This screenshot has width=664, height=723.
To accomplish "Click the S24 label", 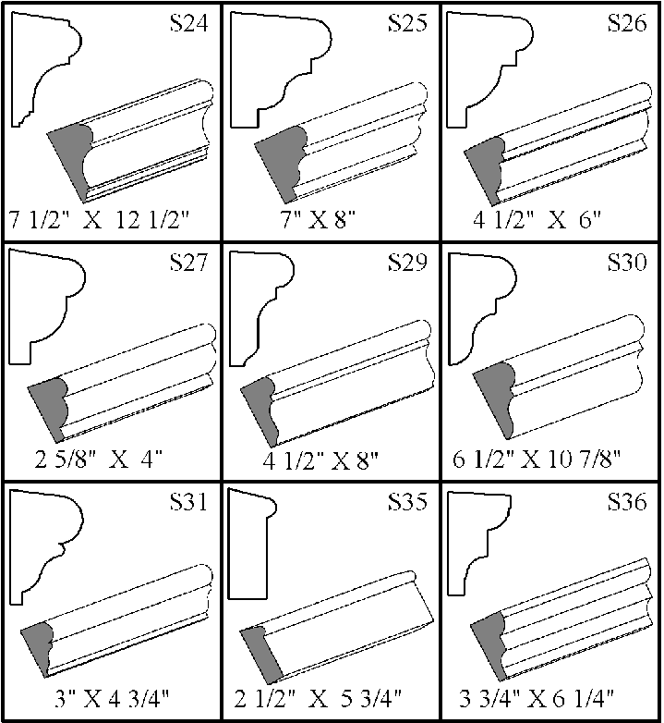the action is tap(189, 22).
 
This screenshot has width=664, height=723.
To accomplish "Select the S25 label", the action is tap(407, 22).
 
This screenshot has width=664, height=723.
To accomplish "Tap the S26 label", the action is tap(627, 22).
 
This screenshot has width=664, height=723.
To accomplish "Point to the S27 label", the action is tap(189, 262).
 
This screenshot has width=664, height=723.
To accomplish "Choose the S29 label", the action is tap(407, 262).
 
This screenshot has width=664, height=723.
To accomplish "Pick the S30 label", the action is tap(627, 262).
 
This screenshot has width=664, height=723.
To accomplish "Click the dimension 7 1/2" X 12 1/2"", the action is tap(100, 220).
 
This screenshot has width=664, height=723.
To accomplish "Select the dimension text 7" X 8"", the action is tap(320, 220).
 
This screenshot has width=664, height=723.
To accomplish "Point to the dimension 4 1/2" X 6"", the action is tap(537, 220).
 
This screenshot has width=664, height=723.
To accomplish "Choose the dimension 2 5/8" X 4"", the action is tap(99, 460).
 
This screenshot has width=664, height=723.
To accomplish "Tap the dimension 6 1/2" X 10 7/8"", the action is tap(537, 460).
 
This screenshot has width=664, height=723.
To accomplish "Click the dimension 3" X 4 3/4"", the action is tap(113, 699).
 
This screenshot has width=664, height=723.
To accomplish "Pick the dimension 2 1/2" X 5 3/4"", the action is tap(319, 699).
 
